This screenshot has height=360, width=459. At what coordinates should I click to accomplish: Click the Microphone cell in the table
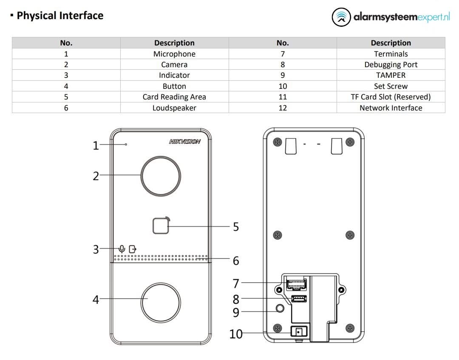click(174, 54)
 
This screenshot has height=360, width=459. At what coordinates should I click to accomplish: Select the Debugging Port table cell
click(391, 65)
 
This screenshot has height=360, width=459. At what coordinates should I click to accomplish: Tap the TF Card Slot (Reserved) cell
click(391, 97)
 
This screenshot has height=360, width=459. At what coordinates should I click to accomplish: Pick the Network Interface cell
click(391, 108)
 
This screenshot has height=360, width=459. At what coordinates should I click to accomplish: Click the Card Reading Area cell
click(174, 97)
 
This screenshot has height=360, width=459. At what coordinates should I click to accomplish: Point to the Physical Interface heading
click(59, 16)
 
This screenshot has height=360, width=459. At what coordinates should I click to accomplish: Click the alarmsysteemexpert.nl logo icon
click(341, 17)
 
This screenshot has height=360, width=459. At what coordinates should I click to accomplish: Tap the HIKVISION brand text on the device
click(185, 142)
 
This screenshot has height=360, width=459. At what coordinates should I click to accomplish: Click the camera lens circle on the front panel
click(161, 175)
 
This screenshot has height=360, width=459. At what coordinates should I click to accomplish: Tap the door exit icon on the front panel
click(133, 249)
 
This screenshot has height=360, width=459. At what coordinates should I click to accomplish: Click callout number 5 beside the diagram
click(236, 227)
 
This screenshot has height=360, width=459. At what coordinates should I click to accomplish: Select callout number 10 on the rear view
click(236, 334)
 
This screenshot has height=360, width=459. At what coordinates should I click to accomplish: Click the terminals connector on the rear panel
click(296, 282)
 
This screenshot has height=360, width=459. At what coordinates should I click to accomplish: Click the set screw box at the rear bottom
click(299, 332)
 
